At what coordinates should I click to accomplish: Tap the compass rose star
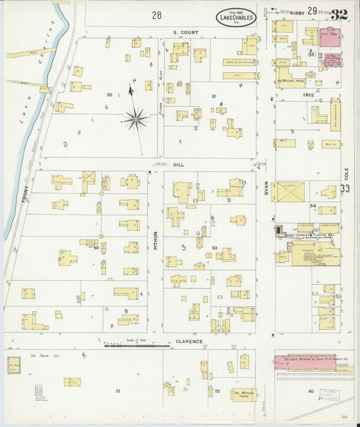point(136,120)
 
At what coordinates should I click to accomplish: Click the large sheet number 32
point(339,14)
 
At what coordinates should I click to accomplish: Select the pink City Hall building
point(329,36)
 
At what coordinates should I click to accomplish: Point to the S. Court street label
point(183,32)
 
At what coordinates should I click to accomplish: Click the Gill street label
point(178,164)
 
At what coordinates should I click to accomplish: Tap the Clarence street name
point(188,342)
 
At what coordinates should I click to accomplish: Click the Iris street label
point(309,96)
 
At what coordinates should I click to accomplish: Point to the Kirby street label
point(299,11)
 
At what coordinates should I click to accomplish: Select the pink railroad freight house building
point(305,362)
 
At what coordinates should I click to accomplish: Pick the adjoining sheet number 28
point(157,14)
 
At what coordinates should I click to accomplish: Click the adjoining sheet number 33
point(346,189)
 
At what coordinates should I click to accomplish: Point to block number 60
point(311,391)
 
